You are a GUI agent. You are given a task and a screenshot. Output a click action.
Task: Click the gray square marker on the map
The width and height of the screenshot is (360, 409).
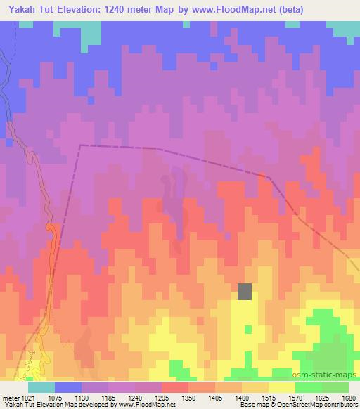[x=245, y=291]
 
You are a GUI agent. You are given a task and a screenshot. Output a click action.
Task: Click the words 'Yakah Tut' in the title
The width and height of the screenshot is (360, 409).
[x=31, y=8]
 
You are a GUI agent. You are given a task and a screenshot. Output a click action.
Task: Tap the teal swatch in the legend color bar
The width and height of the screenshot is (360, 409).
[x=41, y=387]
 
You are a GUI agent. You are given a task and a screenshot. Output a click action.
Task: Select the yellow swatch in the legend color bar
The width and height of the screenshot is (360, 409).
[x=282, y=387]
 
